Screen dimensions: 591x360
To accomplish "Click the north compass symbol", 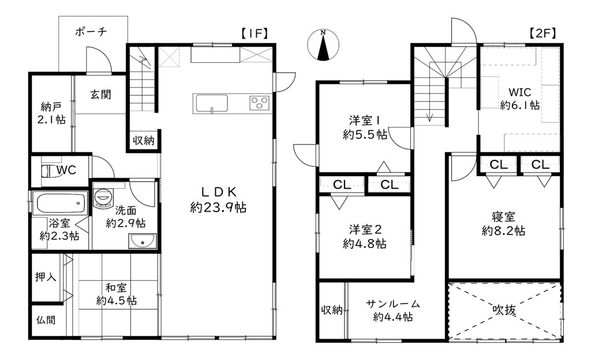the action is tap(323, 45).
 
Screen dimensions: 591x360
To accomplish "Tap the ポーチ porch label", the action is tap(91, 32).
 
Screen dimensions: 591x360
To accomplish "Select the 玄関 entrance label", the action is tap(100, 94).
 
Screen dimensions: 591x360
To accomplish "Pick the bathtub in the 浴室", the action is tap(60, 202).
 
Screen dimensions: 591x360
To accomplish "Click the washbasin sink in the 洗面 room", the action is tap(142, 241).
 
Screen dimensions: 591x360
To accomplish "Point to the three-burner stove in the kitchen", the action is tap(259, 103).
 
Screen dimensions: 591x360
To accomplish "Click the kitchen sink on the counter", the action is tap(211, 103).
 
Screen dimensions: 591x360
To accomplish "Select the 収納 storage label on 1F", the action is tap(144, 141).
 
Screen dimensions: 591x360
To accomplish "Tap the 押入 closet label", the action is tap(46, 277).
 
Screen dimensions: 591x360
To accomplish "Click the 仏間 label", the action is tap(46, 320).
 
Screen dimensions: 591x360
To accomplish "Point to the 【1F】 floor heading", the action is tap(255, 33).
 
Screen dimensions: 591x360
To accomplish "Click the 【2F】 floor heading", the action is tap(541, 33).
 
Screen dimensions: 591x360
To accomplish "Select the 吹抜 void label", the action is tap(504, 310).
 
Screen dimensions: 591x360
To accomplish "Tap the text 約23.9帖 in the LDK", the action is tap(218, 208).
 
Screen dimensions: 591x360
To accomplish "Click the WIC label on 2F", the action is tap(520, 92).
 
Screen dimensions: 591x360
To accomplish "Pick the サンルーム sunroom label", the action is tap(392, 303).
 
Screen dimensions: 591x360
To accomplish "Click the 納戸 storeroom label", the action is tap(51, 107).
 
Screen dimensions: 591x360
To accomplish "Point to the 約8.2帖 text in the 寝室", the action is tap(503, 230).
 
